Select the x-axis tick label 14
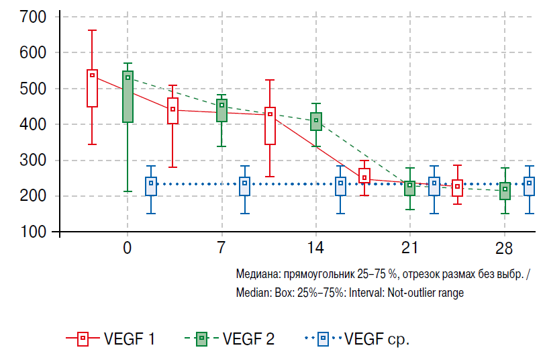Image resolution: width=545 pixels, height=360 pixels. point(316,248)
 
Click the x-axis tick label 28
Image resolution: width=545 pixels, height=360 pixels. point(505,248)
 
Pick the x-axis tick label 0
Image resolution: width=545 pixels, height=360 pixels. point(127,248)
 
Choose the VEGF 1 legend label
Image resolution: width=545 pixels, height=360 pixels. point(130,339)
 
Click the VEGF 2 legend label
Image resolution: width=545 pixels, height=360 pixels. point(248,339)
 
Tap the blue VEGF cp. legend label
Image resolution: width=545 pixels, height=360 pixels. point(377,339)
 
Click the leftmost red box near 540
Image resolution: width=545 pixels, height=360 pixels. point(93,88)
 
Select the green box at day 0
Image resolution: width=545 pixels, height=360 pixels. point(128,97)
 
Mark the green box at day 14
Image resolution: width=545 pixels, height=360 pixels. point(316,122)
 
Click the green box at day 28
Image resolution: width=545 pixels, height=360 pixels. point(505,191)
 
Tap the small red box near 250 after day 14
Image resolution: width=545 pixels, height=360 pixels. point(364,176)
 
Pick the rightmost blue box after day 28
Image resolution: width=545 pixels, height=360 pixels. point(530,186)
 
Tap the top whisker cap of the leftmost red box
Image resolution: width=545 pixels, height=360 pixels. point(93,30)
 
